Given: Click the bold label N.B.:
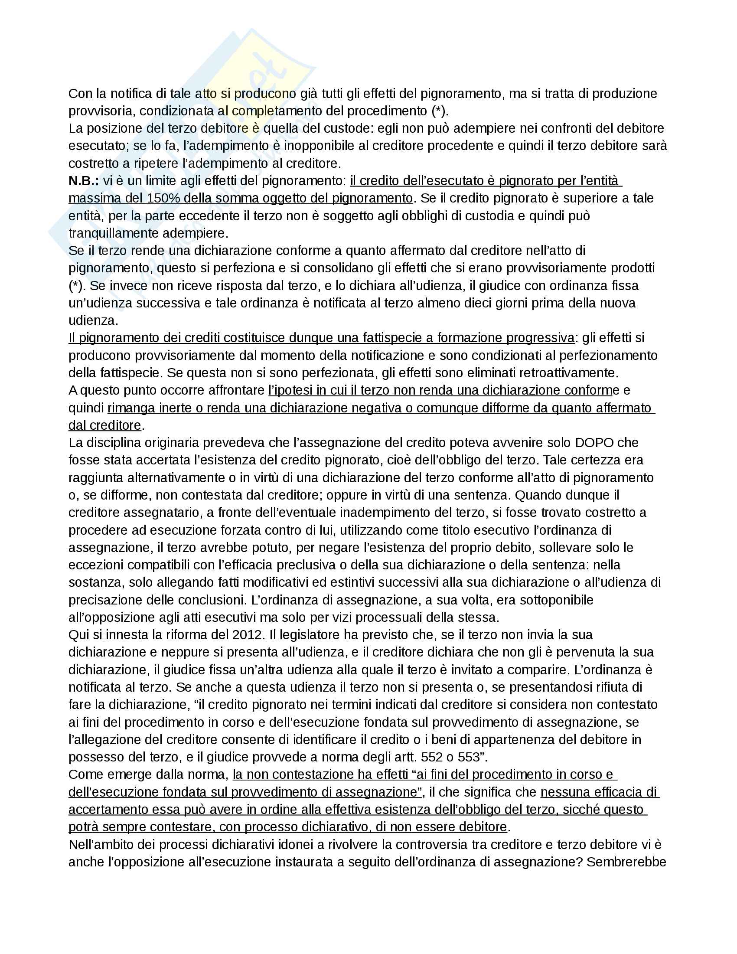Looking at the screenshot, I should click(x=83, y=181).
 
